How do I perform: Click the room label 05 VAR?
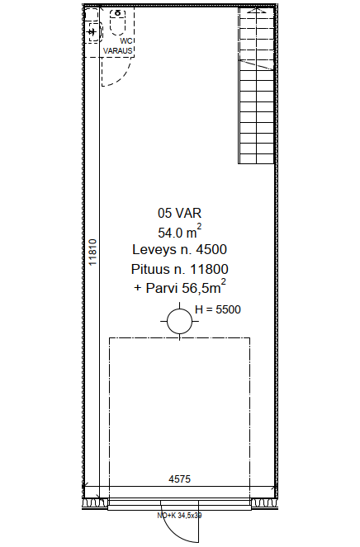179,213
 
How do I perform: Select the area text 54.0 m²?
179,232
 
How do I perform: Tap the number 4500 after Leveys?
211,249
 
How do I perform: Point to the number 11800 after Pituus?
209,269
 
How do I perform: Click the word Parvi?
162,288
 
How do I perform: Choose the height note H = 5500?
218,309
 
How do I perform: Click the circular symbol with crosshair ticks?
179,321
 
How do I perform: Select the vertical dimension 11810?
92,252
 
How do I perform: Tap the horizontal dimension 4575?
179,479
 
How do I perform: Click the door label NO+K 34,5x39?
179,516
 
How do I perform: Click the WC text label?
126,41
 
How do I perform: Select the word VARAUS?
118,50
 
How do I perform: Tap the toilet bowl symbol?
118,22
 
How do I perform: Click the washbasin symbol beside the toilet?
93,31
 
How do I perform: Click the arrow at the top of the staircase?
257,11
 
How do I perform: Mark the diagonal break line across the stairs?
257,65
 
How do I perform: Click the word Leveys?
154,250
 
